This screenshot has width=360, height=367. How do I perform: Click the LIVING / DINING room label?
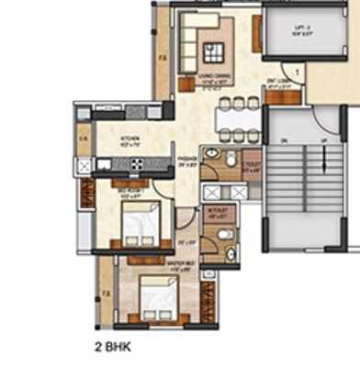(x=213, y=81)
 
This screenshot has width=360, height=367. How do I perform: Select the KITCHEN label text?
(x=128, y=140)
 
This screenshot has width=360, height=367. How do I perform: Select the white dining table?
(x=238, y=119)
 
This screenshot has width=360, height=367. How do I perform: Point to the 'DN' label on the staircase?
(x=284, y=140)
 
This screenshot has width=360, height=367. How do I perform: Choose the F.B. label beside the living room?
(x=162, y=62)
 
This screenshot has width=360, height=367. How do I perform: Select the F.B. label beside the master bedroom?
(x=107, y=293)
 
